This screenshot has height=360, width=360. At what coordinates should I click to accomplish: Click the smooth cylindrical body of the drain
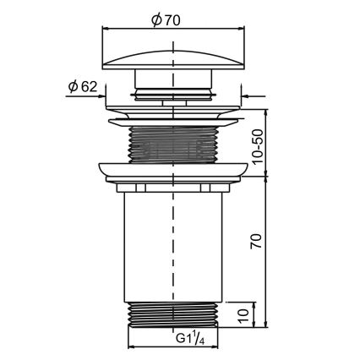pyautogui.click(x=144, y=245)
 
